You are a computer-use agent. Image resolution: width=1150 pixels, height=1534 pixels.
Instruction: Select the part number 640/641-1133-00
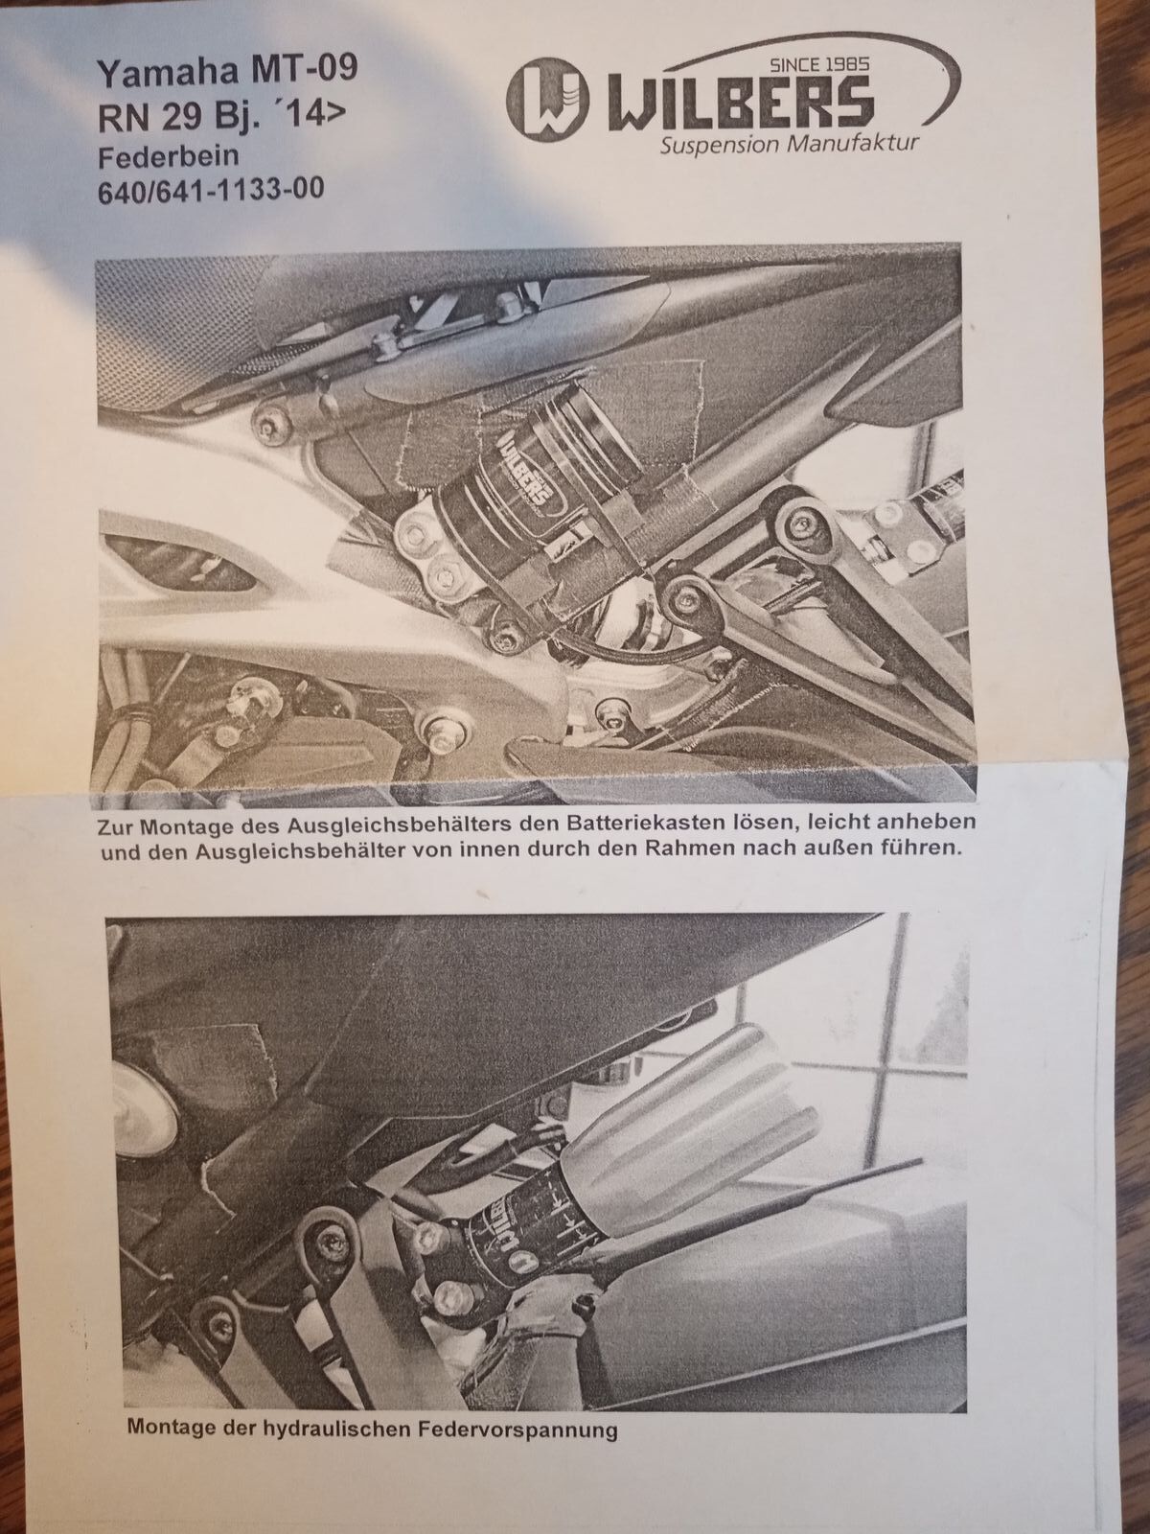[211, 190]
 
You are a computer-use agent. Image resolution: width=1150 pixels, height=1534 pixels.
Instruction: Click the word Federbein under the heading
[169, 157]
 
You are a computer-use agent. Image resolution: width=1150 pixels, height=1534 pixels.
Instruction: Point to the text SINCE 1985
[819, 66]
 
